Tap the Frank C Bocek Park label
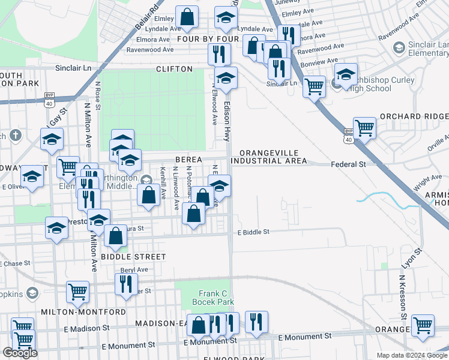coord(212,298)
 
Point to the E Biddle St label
coord(254,232)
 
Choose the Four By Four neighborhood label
coord(208,39)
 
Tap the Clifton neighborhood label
coord(174,69)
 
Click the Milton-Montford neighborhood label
coord(83,312)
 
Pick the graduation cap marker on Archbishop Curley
coord(346,75)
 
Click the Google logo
coord(20,353)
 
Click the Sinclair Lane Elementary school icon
coord(399,47)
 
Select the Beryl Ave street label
coord(134,270)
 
